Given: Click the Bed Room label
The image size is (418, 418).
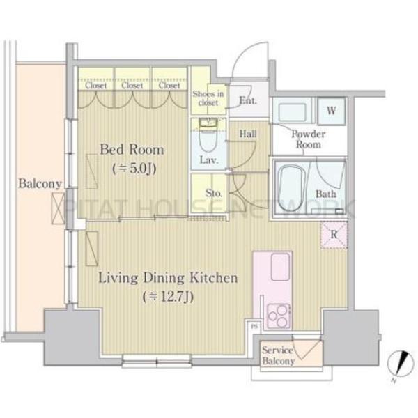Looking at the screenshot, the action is (132, 150).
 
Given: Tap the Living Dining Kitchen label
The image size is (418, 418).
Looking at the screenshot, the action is (168, 278).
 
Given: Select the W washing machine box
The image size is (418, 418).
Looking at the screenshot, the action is (332, 111).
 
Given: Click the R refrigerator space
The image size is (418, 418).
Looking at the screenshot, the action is (334, 235).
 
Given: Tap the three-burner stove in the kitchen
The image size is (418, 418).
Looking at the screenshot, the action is (278, 316).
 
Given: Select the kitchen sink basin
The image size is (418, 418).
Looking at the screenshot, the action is (281, 267).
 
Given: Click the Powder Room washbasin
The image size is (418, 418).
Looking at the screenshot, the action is (292, 112).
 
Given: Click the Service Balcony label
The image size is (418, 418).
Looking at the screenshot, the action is (278, 355).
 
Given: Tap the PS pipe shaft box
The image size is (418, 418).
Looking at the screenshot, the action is (255, 326).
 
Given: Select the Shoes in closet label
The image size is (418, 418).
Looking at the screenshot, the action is (208, 98).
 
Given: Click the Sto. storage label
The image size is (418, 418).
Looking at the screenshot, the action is (214, 193).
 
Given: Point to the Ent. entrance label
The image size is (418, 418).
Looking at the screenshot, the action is (248, 100).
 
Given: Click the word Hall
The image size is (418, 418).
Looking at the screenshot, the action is (248, 134).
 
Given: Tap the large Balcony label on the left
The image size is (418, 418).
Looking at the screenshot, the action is (40, 184).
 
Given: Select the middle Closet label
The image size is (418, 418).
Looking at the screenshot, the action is (132, 85).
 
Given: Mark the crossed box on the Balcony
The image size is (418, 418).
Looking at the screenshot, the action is (58, 208).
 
